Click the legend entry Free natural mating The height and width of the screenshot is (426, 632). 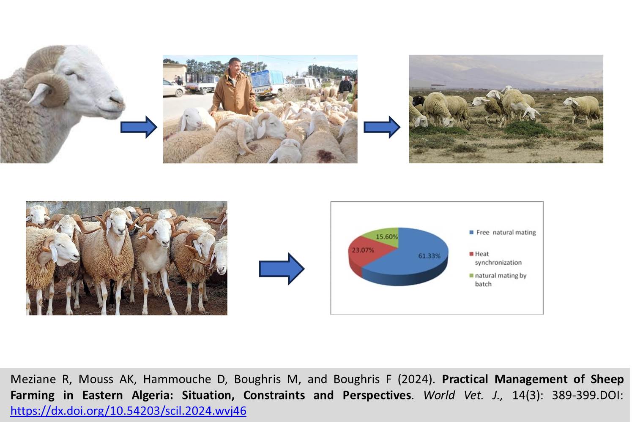(x=503, y=233)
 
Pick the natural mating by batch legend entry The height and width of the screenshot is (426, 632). (x=498, y=279)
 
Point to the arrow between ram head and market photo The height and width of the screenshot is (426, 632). (x=139, y=127)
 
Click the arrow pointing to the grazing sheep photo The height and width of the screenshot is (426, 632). (x=382, y=127)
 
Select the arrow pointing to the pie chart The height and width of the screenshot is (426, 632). (x=282, y=269)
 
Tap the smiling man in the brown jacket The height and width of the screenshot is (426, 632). (x=234, y=87)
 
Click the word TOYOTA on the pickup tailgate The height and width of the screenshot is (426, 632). (x=261, y=90)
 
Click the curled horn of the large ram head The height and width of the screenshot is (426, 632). (x=49, y=84)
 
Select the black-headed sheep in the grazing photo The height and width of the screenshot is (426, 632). (x=419, y=101)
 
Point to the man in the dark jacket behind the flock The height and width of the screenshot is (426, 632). (x=345, y=88)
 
